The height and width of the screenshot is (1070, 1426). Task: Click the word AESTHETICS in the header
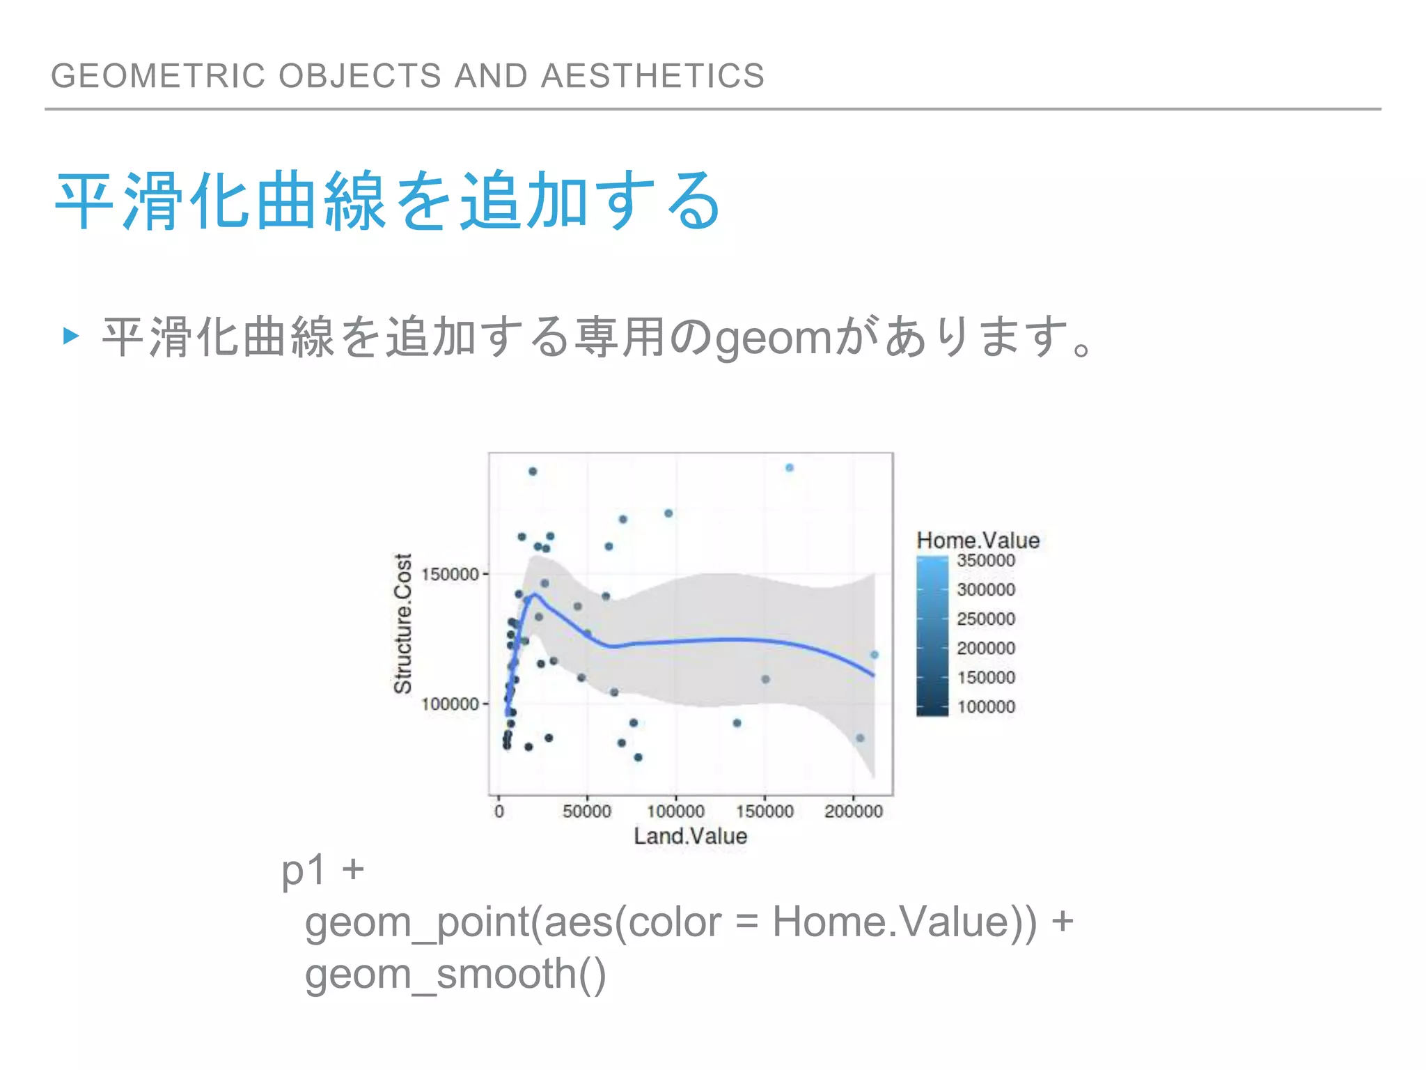[652, 75]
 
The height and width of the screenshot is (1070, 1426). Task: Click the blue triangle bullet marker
[70, 336]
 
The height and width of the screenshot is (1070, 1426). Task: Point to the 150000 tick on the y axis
[450, 575]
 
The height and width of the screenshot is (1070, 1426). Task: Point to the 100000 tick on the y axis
[450, 704]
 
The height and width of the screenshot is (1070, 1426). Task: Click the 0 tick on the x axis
[499, 812]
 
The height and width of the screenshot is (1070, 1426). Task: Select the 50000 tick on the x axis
[587, 812]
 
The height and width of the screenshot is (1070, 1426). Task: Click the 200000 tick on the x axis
[853, 812]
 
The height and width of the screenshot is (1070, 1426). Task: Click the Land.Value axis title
[690, 836]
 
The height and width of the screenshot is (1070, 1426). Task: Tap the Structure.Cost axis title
[403, 623]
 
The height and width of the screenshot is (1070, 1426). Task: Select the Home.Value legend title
[978, 541]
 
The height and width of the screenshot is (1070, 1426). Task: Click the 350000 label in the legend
[986, 561]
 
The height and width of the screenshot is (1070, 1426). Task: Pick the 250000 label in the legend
[986, 619]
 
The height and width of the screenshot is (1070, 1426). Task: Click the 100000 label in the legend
[986, 707]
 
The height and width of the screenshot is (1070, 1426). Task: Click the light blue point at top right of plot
[790, 468]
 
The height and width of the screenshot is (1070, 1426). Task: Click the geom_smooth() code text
[455, 974]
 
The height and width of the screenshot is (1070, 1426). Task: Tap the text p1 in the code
[304, 871]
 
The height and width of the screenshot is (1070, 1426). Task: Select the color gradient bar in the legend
[932, 635]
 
